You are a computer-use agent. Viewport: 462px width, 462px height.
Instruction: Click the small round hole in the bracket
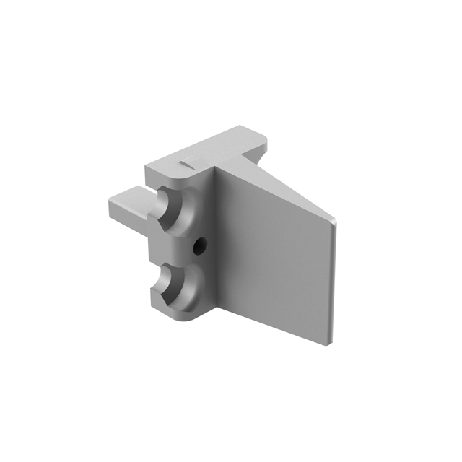(198, 247)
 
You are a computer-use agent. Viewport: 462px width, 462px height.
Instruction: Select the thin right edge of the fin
(333, 282)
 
